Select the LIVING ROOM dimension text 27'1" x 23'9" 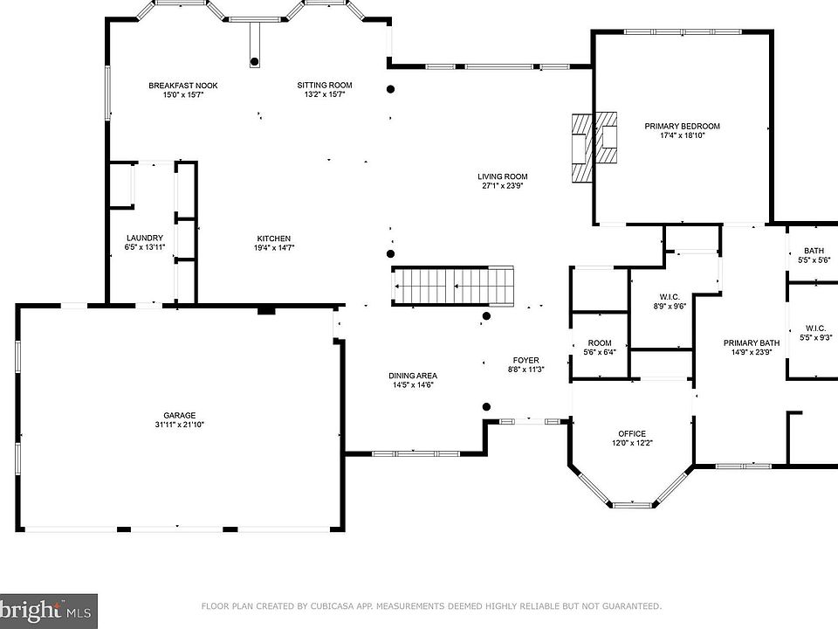(x=503, y=186)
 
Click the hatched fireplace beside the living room (x=594, y=148)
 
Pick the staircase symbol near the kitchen (x=453, y=286)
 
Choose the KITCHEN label (x=273, y=238)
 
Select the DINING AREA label (x=413, y=376)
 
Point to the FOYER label (x=525, y=361)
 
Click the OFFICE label (x=632, y=434)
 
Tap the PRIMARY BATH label (x=752, y=342)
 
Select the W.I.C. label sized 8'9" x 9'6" (x=670, y=301)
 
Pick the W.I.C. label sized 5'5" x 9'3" (x=815, y=333)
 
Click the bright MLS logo (x=48, y=611)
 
